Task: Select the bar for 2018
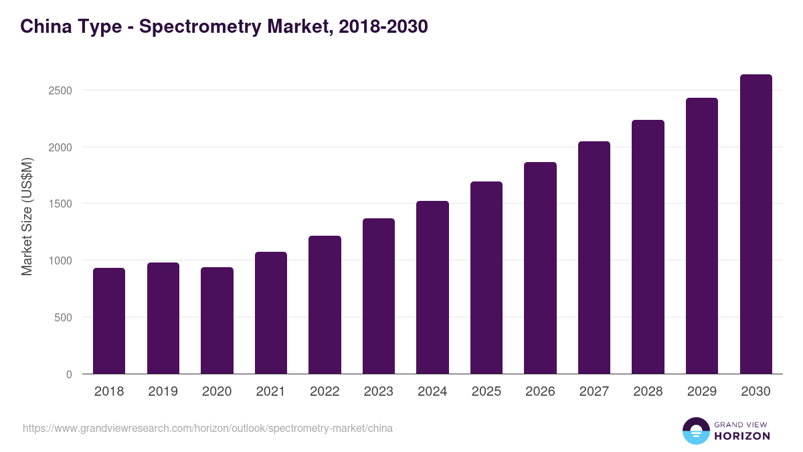pos(109,321)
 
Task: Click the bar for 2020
pos(217,321)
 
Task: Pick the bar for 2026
pos(540,268)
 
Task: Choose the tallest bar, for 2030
pos(755,224)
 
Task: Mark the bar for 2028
pos(648,247)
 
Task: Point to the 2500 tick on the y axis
pos(60,90)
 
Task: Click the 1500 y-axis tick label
pos(60,204)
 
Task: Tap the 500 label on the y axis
pos(64,317)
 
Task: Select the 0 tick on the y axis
pos(70,374)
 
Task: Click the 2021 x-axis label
pos(271,392)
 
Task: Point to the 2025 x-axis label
pos(486,392)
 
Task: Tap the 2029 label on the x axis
pos(701,392)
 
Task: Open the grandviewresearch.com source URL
pos(207,428)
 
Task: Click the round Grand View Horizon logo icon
pos(695,431)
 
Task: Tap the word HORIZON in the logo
pos(742,436)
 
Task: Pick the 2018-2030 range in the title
pos(383,27)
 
